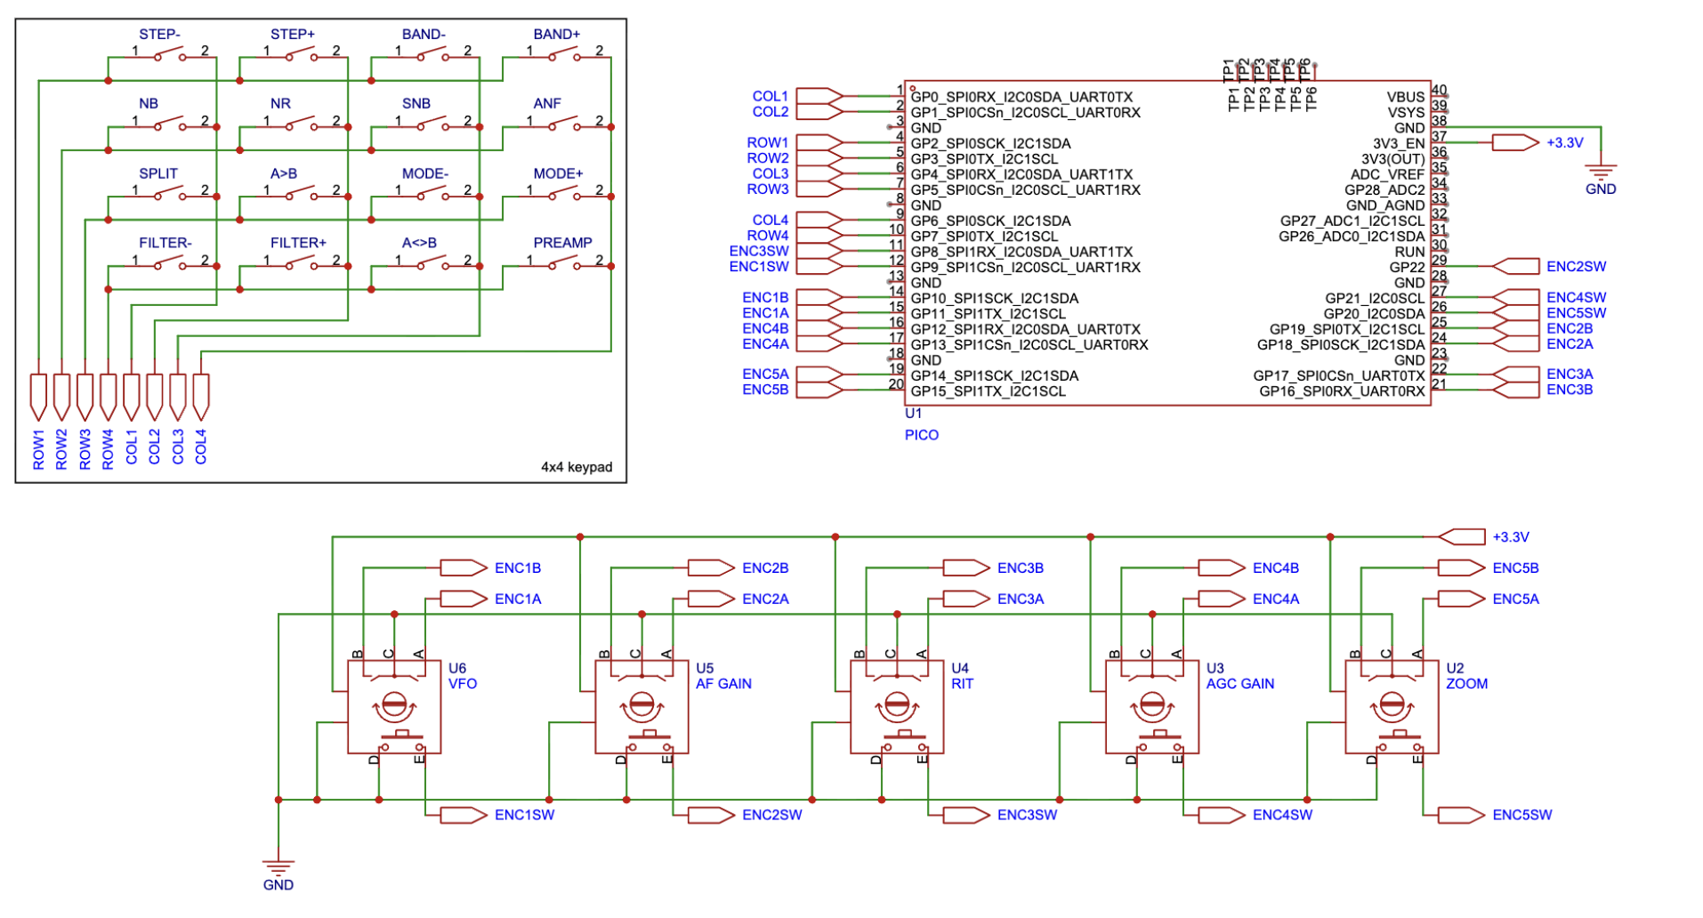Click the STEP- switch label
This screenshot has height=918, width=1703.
(x=158, y=34)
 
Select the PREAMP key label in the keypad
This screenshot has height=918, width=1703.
(x=562, y=242)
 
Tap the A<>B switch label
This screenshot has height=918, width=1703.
(x=419, y=242)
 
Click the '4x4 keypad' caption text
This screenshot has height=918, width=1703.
(x=577, y=466)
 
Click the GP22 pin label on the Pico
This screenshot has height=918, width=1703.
(x=1407, y=267)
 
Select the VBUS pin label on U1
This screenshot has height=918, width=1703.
(x=1405, y=97)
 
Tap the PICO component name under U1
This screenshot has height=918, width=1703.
(x=921, y=435)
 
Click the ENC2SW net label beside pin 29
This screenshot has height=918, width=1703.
(x=1576, y=266)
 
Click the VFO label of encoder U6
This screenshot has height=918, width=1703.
(x=463, y=683)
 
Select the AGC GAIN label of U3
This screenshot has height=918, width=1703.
(x=1239, y=683)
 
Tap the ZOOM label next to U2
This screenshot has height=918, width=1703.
(x=1466, y=683)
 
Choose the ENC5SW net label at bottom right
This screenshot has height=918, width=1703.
(x=1521, y=814)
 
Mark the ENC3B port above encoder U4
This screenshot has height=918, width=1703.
(x=1020, y=568)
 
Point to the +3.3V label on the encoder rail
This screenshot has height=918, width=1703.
(x=1510, y=536)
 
